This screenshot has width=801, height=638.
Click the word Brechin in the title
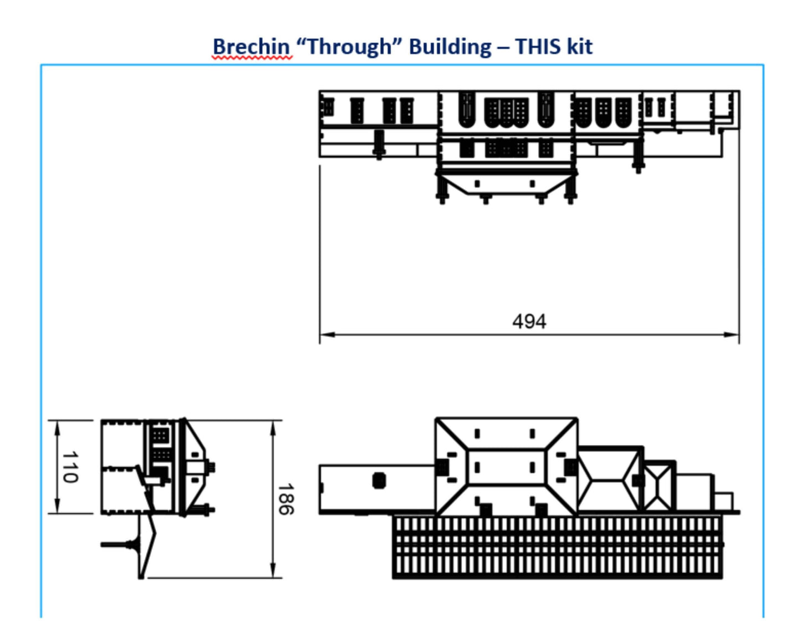click(251, 47)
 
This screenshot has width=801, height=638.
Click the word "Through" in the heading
click(350, 47)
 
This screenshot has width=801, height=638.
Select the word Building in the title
click(450, 47)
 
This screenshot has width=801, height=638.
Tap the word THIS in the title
click(538, 47)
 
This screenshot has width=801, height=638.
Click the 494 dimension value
click(529, 321)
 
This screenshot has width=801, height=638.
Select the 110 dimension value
click(70, 467)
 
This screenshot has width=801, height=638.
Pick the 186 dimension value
click(286, 499)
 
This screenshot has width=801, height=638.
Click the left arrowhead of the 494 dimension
click(328, 334)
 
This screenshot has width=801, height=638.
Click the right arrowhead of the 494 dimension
click(731, 334)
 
